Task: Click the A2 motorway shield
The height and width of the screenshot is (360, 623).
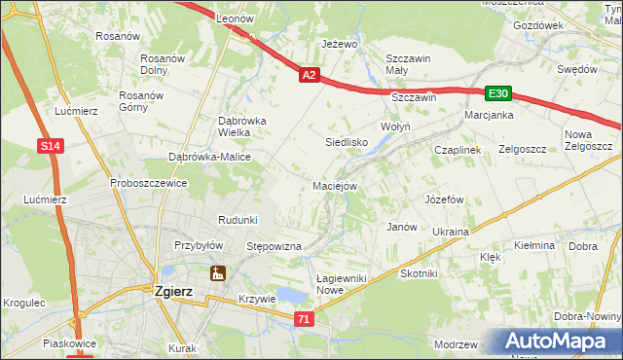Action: pos(309,74)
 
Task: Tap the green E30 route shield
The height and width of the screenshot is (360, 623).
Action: pos(498,93)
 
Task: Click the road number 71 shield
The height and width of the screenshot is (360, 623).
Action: pos(305,318)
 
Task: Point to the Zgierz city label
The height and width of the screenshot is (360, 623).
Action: pos(178,289)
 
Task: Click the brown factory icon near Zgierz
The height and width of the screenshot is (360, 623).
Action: pos(218,274)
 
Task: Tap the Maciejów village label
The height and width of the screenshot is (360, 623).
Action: pos(335,185)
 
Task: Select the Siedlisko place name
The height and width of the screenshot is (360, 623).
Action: pos(345,142)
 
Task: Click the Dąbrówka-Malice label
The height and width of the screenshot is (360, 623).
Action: pos(210,157)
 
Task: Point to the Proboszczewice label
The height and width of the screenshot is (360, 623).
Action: pos(148,182)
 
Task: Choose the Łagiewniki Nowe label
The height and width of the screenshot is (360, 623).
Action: pos(343,284)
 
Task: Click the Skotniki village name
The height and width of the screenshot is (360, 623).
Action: pos(419,274)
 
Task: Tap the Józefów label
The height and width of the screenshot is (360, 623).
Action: pos(443,199)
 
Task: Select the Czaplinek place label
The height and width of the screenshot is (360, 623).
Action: pos(458,150)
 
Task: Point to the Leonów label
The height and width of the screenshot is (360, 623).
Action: pos(235,19)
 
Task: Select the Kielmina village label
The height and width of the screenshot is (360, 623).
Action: pos(534,246)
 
